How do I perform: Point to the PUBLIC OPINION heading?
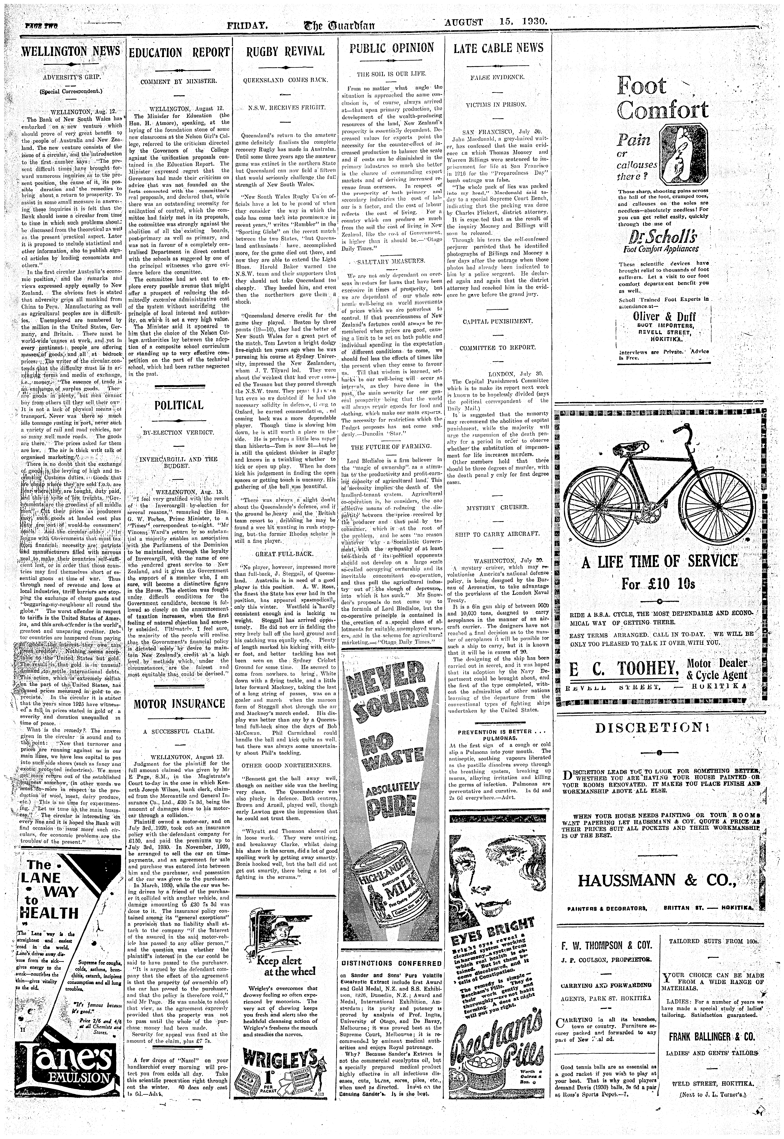click(x=392, y=48)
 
